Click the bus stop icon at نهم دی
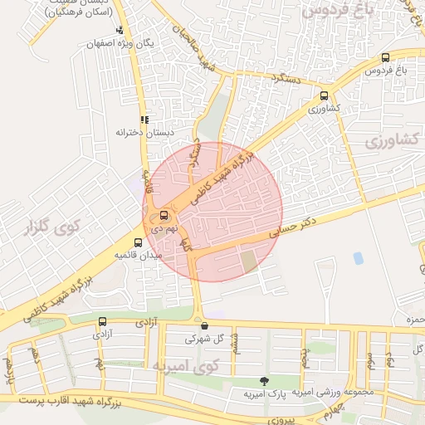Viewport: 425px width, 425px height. [164, 217]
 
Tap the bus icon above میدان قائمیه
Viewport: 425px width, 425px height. [138, 243]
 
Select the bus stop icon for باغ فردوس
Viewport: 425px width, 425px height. [385, 57]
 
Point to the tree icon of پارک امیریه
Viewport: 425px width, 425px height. [264, 381]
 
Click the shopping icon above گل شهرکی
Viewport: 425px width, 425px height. [204, 326]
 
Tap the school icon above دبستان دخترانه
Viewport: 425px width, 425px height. [145, 120]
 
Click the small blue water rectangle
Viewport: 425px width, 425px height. [358, 258]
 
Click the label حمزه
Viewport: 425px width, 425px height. [416, 319]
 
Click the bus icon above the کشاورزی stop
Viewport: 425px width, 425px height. [324, 95]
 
